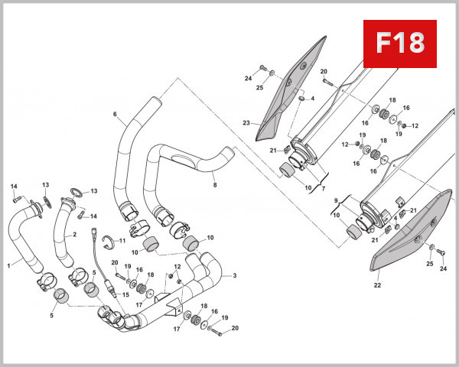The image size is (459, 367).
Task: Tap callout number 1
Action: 9,265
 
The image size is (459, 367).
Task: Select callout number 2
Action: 75,235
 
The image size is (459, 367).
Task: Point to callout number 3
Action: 234,275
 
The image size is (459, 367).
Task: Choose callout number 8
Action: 215,184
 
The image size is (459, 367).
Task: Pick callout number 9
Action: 334,201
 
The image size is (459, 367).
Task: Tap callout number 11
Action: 122,241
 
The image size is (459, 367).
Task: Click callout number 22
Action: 376,285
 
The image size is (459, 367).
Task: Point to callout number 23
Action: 246,122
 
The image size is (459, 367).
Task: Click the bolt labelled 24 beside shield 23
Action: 262,69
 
